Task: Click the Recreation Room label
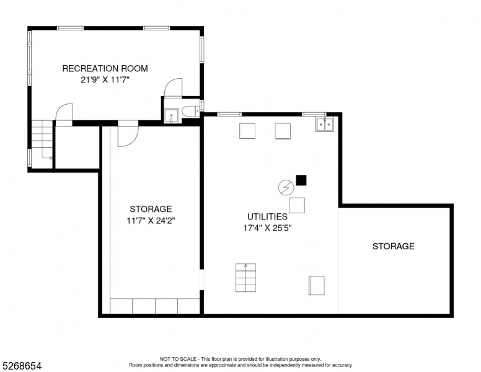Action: click(x=105, y=68)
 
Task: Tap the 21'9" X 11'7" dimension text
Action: click(x=105, y=80)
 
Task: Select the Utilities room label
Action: click(x=267, y=217)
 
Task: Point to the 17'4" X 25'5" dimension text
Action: click(x=267, y=228)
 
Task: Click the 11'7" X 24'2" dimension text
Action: click(x=151, y=221)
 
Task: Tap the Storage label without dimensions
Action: click(x=393, y=246)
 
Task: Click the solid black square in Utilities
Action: click(x=301, y=180)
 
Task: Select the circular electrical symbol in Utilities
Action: click(x=286, y=187)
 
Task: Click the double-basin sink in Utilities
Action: click(x=325, y=124)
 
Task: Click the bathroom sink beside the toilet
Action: click(x=171, y=116)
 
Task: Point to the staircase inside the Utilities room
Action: click(x=245, y=278)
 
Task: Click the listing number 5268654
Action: click(x=22, y=366)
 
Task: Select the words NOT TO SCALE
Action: click(x=178, y=359)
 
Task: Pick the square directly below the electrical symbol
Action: click(x=297, y=205)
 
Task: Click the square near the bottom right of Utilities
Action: click(x=317, y=286)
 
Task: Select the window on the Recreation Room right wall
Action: click(x=202, y=50)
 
